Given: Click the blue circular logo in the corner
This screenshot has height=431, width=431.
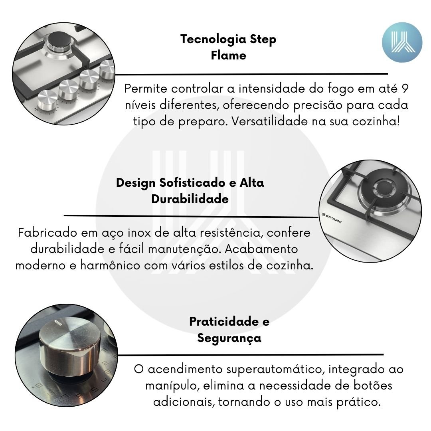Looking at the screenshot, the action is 402,42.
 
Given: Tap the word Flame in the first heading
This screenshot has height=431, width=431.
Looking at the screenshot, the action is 228,55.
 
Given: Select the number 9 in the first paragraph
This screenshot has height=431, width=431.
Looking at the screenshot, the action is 405,89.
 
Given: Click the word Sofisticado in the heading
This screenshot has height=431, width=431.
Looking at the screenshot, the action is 192,183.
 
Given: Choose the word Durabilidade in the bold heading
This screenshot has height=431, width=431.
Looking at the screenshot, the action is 190,199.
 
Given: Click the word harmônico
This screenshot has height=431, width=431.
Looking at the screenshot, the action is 110,265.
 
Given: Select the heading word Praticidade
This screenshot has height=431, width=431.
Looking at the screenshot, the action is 224,322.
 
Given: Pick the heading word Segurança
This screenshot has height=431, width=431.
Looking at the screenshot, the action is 229,338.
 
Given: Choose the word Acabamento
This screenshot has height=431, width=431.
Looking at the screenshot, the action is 261,249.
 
